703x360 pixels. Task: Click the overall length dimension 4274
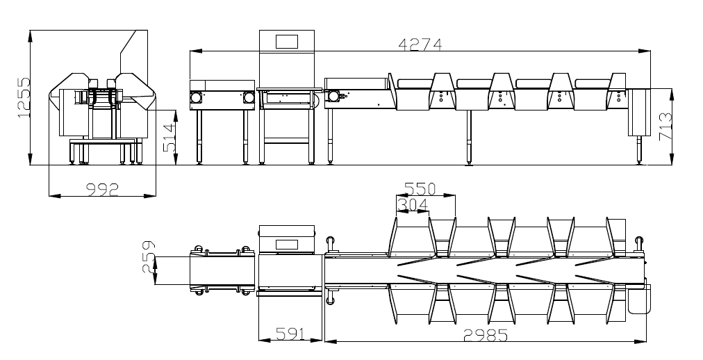coord(420,45)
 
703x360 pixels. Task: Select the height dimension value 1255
coord(24,98)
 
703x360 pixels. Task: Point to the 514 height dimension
coord(169,138)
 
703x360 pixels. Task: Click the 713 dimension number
coord(665,127)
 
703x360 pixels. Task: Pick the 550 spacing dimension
coord(420,189)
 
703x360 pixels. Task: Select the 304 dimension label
coord(413,205)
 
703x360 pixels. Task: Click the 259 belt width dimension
coord(149,257)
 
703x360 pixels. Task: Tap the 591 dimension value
coord(290,334)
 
